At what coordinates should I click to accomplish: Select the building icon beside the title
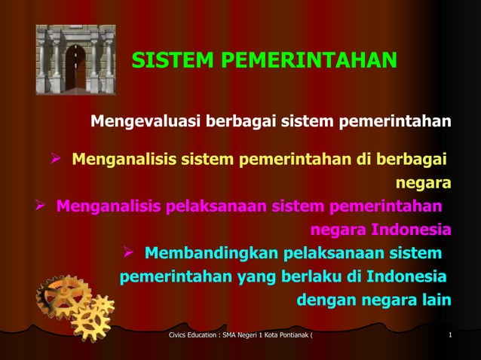pos(75,59)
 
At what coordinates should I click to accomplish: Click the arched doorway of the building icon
pos(75,68)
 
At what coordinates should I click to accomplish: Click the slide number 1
pos(449,334)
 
